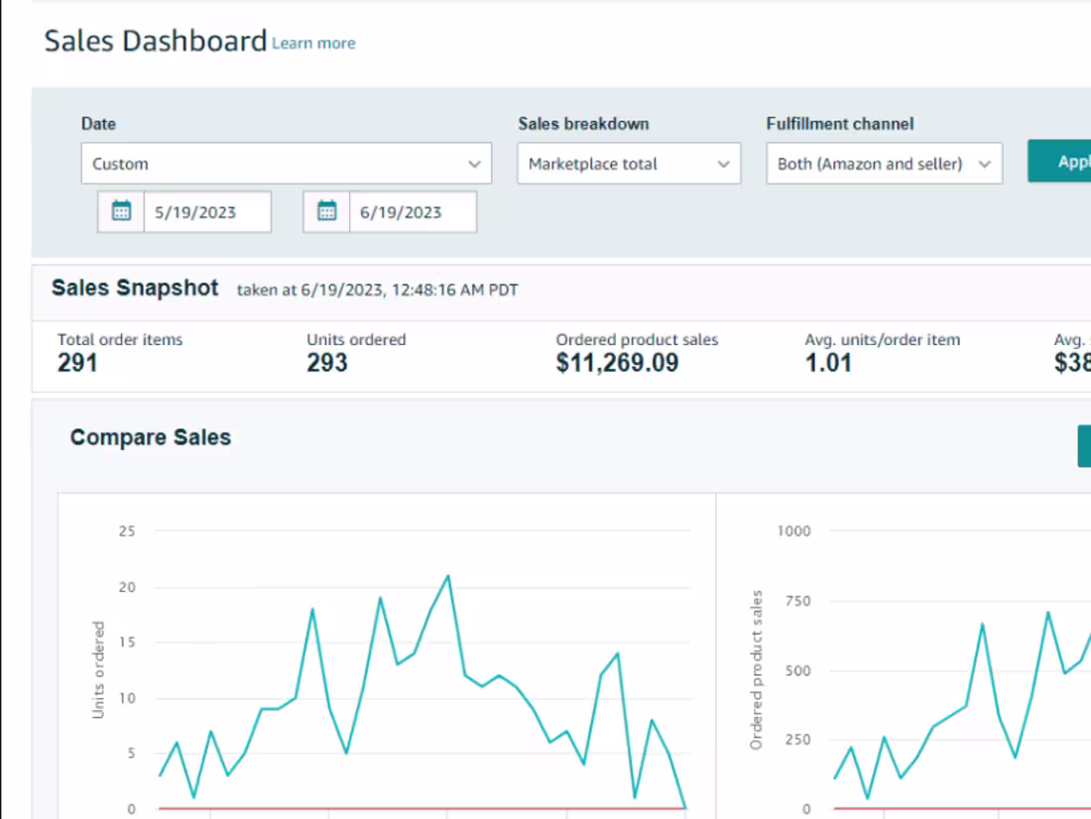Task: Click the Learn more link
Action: pyautogui.click(x=313, y=44)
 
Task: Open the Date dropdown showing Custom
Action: pyautogui.click(x=286, y=164)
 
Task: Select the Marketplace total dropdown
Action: pyautogui.click(x=628, y=164)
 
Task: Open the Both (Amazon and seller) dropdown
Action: pyautogui.click(x=884, y=164)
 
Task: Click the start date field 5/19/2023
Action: pyautogui.click(x=206, y=212)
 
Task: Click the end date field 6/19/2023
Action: pyautogui.click(x=412, y=212)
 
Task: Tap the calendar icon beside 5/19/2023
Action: pyautogui.click(x=121, y=211)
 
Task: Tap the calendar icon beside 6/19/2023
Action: pyautogui.click(x=326, y=211)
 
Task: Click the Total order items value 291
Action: pyautogui.click(x=77, y=363)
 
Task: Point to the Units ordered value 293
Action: pyautogui.click(x=327, y=363)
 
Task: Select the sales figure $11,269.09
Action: pyautogui.click(x=617, y=363)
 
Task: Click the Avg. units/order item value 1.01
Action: pyautogui.click(x=828, y=363)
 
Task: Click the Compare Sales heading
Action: pyautogui.click(x=151, y=437)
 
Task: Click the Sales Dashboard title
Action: pyautogui.click(x=156, y=42)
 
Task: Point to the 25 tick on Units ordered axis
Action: pyautogui.click(x=126, y=531)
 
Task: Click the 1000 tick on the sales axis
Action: pyautogui.click(x=793, y=531)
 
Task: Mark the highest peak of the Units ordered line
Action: pyautogui.click(x=448, y=575)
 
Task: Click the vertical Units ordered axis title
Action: pyautogui.click(x=98, y=670)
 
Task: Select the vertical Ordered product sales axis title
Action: pyautogui.click(x=757, y=670)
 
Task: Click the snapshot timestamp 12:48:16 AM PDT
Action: pyautogui.click(x=454, y=291)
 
